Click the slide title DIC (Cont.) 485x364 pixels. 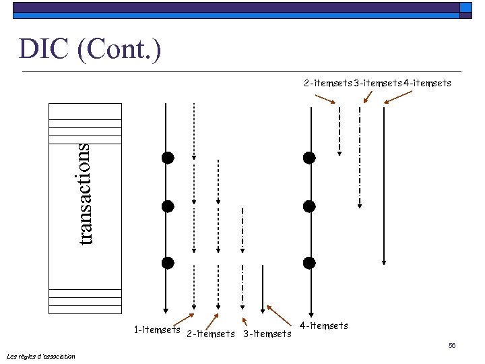(x=90, y=49)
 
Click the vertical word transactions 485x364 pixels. (x=84, y=194)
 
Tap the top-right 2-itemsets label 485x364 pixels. (x=327, y=84)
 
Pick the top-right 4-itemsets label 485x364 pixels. (x=427, y=84)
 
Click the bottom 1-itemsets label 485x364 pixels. (x=156, y=330)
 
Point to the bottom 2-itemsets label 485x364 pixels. (x=210, y=334)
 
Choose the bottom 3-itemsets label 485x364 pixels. (x=267, y=334)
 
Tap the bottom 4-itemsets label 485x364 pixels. (x=324, y=326)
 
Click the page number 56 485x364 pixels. (x=452, y=345)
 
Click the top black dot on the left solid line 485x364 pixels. (x=168, y=158)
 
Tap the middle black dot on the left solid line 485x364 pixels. (x=168, y=206)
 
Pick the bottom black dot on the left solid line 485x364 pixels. (x=168, y=262)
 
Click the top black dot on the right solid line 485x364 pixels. (x=309, y=158)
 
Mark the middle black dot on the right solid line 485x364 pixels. (x=309, y=206)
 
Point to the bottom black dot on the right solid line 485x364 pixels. (x=309, y=262)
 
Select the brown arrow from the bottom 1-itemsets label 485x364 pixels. (x=183, y=321)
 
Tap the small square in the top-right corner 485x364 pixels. (x=466, y=8)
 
